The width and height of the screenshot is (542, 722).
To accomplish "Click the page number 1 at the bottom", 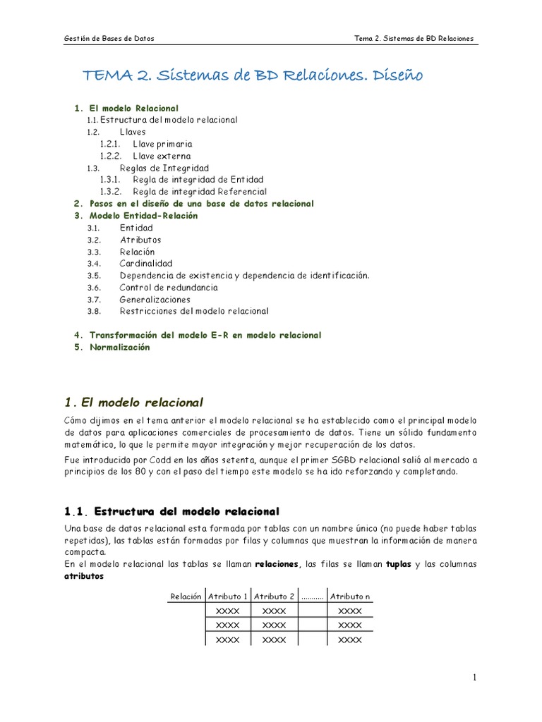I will pos(475,678).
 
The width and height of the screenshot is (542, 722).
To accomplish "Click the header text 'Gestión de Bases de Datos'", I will pos(109,38).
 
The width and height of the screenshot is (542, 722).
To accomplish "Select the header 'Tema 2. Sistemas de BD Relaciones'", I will pos(414,38).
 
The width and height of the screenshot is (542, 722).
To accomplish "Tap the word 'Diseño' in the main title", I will pos(395,75).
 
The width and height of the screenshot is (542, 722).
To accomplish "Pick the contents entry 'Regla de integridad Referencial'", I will pos(199,191).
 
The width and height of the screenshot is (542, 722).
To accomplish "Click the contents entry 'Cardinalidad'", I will pos(145,264).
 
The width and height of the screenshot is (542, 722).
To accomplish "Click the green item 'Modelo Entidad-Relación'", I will pos(143,216).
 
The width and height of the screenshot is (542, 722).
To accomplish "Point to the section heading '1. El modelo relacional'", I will pos(133,403).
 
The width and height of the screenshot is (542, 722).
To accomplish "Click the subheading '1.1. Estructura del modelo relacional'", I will pos(171,511).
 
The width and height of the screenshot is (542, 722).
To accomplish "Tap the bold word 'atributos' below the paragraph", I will pos(84,576).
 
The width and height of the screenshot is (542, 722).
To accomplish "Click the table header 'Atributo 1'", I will pos(228,596).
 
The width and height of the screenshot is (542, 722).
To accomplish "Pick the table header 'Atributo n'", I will pos(349,596).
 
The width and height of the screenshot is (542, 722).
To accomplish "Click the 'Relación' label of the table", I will pos(186,596).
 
